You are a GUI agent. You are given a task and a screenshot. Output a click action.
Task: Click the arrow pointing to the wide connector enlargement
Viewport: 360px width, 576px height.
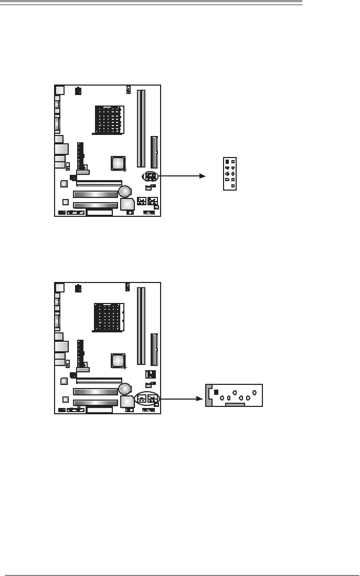(x=182, y=399)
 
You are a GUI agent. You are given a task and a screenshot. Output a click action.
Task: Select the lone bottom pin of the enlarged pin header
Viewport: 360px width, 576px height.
(x=233, y=186)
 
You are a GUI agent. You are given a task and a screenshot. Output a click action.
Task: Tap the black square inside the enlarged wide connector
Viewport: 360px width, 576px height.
(x=216, y=392)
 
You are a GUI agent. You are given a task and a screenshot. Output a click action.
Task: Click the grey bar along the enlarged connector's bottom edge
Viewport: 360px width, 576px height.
(x=235, y=405)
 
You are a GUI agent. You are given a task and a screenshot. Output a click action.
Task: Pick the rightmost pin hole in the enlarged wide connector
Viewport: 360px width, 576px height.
(x=254, y=392)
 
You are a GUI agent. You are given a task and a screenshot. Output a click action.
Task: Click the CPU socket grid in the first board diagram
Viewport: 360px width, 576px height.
(x=109, y=119)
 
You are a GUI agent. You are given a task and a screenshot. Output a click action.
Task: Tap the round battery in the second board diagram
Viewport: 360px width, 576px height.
(x=124, y=389)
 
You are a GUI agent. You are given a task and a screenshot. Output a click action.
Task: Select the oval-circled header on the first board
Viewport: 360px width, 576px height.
(x=150, y=176)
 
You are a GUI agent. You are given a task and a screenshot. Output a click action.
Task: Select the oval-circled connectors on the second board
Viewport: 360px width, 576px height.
(x=147, y=399)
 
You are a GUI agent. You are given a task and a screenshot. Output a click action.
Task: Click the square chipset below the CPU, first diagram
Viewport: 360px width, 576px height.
(x=118, y=163)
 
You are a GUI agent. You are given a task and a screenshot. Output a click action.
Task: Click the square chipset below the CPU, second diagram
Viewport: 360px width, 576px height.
(x=118, y=361)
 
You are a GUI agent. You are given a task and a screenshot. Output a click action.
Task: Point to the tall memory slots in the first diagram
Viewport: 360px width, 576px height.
(x=141, y=129)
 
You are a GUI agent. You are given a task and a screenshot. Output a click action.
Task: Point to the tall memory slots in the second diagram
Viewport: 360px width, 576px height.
(x=141, y=326)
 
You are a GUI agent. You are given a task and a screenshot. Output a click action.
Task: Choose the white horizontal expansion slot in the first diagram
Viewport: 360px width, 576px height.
(x=99, y=183)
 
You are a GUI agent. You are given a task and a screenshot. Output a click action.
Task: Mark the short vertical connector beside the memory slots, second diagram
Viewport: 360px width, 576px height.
(x=154, y=349)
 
